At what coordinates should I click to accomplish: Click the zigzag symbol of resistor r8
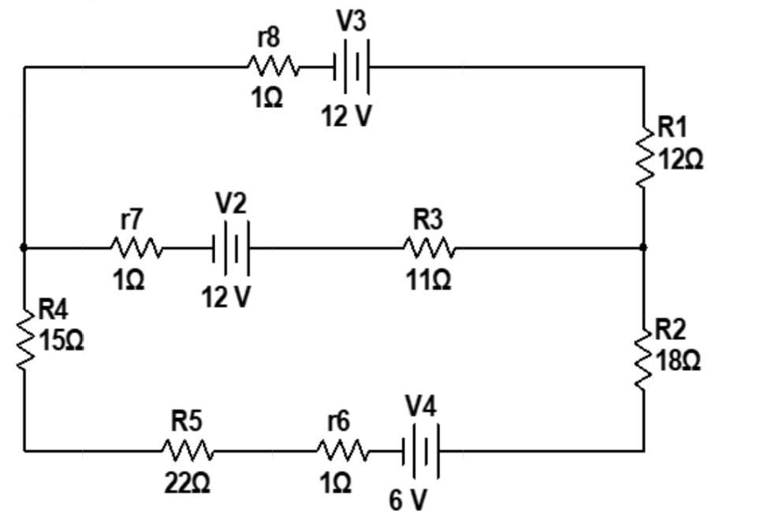pos(274,66)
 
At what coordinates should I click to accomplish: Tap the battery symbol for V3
pos(352,67)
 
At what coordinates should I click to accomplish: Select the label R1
pos(672,126)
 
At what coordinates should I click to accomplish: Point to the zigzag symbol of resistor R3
pos(430,248)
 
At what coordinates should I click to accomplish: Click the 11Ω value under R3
pos(429,280)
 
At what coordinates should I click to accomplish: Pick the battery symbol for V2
pos(230,249)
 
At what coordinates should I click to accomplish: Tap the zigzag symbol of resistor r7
pos(136,249)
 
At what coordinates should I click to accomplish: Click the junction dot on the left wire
pos(24,247)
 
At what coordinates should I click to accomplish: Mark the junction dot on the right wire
pos(643,247)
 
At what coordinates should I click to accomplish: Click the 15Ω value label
pos(61,342)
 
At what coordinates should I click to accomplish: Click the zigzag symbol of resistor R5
pos(188,451)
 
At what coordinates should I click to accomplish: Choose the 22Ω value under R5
pos(187,483)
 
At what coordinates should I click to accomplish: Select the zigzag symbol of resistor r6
pos(342,451)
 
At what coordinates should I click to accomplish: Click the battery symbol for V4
pos(420,451)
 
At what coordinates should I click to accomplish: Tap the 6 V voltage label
pos(408,499)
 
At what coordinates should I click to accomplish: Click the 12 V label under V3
pos(345,116)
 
